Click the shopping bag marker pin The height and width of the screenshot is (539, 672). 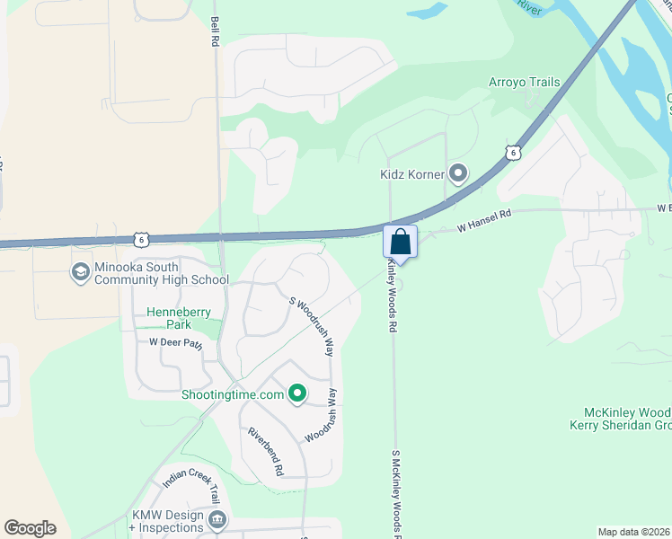click(400, 243)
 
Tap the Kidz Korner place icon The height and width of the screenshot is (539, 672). click(459, 172)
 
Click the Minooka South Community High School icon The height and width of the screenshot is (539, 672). click(79, 270)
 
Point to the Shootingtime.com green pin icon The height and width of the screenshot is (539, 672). click(297, 393)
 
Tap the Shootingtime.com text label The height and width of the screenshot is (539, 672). click(233, 394)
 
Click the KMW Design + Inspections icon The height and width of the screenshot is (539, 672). click(217, 519)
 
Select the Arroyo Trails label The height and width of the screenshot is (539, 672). click(524, 83)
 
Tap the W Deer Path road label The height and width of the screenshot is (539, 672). click(176, 342)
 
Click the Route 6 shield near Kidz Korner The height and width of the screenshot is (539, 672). click(512, 153)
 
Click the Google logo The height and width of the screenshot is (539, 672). click(30, 528)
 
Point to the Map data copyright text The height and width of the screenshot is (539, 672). click(633, 532)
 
